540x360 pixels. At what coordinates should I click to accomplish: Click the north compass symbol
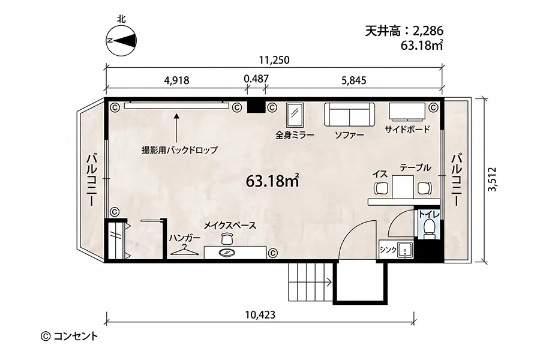(121, 40)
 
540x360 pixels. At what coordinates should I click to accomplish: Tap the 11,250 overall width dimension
(274, 59)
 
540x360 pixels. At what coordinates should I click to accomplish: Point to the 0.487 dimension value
(256, 79)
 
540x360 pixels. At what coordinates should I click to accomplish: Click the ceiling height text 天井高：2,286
(403, 31)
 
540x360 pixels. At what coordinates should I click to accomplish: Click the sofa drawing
(350, 113)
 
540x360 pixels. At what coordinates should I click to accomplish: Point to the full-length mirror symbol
(295, 113)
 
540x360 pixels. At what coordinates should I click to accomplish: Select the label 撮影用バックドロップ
(179, 149)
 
